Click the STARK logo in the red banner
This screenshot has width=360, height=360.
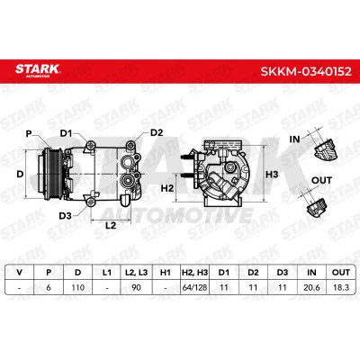click(38, 71)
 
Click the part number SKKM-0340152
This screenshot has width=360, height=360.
click(306, 71)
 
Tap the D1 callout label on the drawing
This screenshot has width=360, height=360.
click(66, 133)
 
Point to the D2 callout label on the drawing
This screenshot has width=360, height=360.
click(157, 132)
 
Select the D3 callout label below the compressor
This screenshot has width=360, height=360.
click(65, 215)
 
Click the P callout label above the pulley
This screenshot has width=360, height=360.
click(29, 134)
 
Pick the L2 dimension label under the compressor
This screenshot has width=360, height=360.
click(111, 225)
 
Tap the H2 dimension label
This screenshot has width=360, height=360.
click(167, 188)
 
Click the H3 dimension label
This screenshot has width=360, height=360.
click(272, 174)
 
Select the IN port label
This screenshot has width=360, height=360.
click(294, 139)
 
